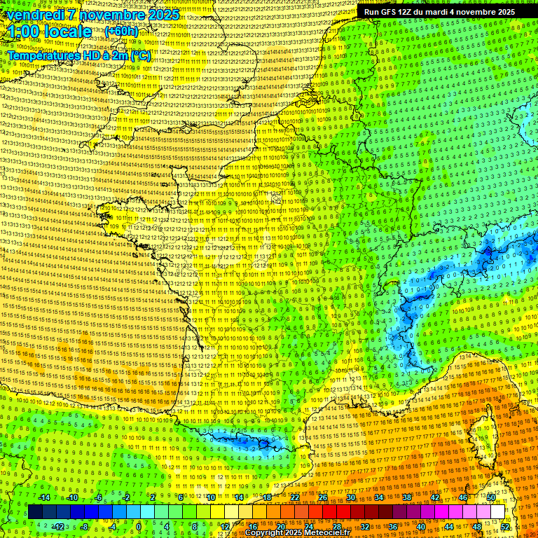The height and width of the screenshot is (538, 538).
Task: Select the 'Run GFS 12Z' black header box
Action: click(439, 12)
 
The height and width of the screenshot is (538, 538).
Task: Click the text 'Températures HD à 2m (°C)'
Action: click(78, 55)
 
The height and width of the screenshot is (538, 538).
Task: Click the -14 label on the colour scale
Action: click(45, 497)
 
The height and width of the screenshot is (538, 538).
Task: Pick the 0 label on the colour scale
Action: click(138, 527)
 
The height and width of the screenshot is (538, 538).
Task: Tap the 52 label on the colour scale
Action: click(505, 527)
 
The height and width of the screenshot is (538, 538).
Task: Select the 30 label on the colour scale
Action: click(350, 497)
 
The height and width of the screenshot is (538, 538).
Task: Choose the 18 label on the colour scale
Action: click(267, 497)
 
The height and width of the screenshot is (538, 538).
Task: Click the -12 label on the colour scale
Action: click(59, 527)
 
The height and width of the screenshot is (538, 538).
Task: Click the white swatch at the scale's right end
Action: click(497, 512)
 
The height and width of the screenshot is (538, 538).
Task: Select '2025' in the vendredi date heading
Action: click(161, 15)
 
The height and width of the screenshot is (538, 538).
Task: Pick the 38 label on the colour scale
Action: click(407, 497)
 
